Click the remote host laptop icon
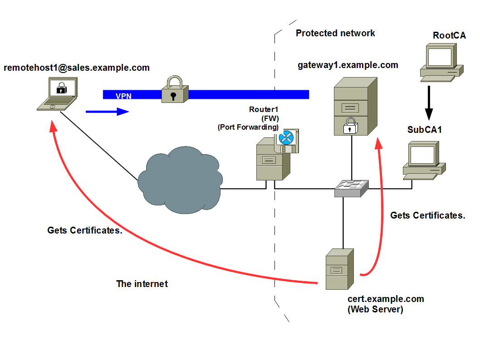click(58, 94)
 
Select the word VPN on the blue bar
click(123, 96)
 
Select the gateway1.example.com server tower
click(355, 107)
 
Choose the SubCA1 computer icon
click(422, 160)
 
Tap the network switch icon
click(352, 187)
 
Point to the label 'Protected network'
click(335, 33)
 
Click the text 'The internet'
click(142, 284)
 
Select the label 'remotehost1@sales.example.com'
click(77, 68)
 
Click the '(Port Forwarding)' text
click(248, 127)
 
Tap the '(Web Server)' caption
click(375, 309)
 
